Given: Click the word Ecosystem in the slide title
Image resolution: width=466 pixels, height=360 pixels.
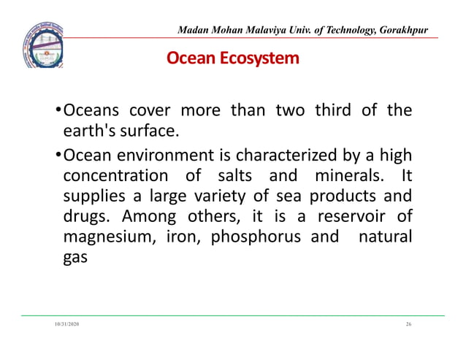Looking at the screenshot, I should pyautogui.click(x=265, y=57).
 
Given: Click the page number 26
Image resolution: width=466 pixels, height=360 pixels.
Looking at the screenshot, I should pyautogui.click(x=408, y=322).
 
